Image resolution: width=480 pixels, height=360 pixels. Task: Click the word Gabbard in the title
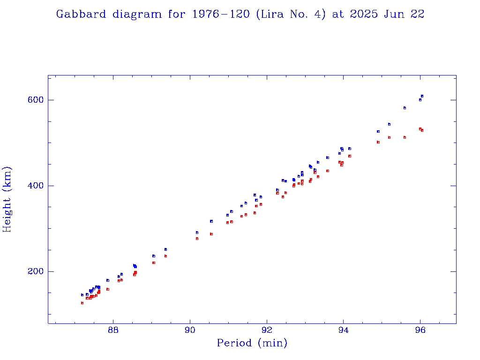(x=82, y=14)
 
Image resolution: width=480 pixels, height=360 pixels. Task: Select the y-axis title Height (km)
(x=7, y=199)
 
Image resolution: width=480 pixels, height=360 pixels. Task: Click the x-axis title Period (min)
(x=252, y=343)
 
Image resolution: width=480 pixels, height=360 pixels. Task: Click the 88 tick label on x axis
(x=113, y=330)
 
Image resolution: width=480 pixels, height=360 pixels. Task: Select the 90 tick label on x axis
(x=190, y=330)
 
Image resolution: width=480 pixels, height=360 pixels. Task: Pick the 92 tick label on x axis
(x=267, y=330)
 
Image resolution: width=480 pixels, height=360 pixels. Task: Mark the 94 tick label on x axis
(x=344, y=330)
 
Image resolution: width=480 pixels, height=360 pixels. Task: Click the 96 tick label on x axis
(x=420, y=330)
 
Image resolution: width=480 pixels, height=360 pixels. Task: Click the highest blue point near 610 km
(x=422, y=96)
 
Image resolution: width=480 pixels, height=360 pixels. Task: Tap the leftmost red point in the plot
(x=82, y=303)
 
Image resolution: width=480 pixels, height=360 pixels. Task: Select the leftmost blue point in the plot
(x=82, y=295)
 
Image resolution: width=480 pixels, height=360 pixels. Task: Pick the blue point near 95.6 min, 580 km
(x=405, y=108)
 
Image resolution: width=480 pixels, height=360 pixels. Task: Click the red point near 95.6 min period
(x=405, y=137)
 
